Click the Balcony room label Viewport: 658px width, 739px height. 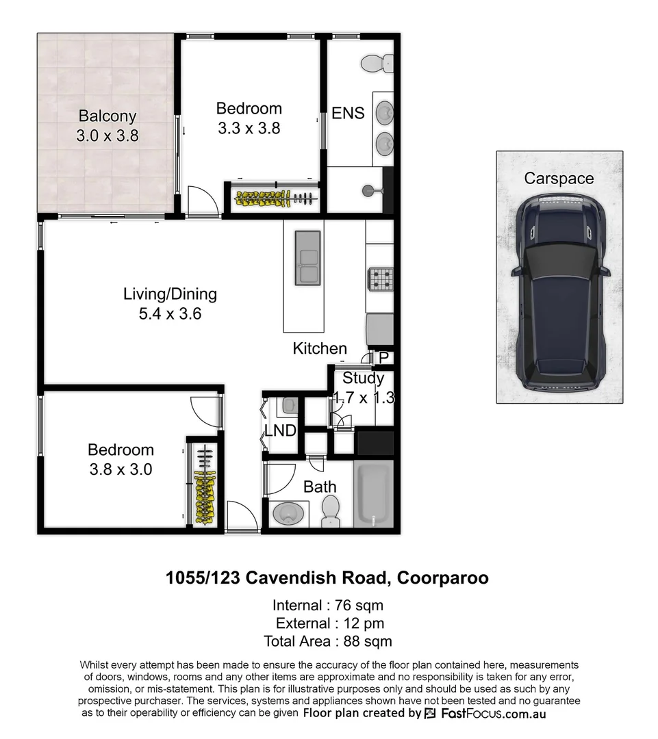(107, 116)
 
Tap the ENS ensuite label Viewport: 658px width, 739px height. (348, 114)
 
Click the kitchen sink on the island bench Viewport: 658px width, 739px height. (307, 257)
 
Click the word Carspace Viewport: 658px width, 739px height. (559, 179)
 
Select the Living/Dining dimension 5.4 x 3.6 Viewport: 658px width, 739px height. (169, 315)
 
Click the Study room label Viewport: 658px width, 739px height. (363, 378)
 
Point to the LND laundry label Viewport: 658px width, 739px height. (280, 431)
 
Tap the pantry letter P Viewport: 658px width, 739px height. (383, 358)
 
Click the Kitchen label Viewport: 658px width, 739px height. (320, 348)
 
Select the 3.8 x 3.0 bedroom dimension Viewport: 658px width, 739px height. (121, 469)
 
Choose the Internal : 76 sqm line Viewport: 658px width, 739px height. (328, 606)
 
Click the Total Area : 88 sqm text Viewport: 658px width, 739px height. (328, 641)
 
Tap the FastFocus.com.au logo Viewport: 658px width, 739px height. (485, 714)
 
